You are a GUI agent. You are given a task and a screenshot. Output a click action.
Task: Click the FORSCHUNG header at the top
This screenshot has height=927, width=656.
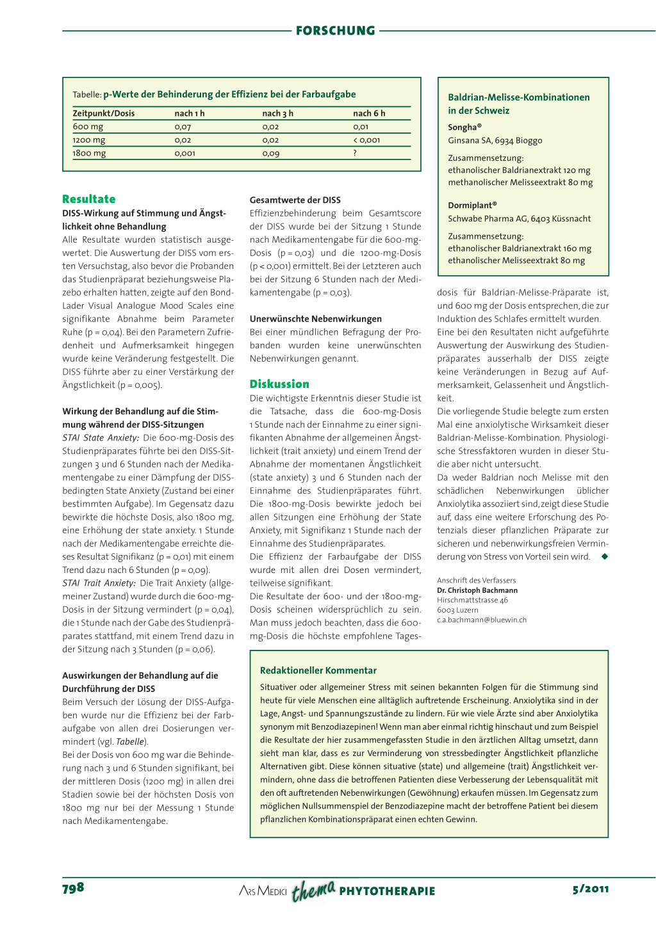pos(335,31)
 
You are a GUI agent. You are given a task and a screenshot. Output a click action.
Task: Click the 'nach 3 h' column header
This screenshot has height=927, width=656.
pos(277,113)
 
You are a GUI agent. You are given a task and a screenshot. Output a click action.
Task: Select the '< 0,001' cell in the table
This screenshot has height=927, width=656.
pos(366,140)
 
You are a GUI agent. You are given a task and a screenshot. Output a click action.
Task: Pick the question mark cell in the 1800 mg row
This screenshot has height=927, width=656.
pos(355,154)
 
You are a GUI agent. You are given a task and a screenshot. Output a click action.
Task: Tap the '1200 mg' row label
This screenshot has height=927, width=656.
pos(89,140)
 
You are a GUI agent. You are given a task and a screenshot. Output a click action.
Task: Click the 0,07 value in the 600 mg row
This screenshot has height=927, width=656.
pos(183,127)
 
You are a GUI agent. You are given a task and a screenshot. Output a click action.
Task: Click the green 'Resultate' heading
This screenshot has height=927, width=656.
pos(89,199)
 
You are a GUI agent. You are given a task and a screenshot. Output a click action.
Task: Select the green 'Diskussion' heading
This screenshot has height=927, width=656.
pos(279,384)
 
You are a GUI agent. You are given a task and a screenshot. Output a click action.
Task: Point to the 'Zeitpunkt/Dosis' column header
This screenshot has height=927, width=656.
pos(104,113)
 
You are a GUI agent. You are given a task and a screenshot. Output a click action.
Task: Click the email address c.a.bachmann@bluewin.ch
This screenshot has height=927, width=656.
pos(482,620)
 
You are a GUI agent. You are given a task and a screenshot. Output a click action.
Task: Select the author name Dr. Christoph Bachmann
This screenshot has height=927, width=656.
pos(477,590)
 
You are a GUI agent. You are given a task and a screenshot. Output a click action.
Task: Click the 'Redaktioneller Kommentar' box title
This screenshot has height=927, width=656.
pos(318,670)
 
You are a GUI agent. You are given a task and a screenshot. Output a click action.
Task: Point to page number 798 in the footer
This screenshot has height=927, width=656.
pos(73,888)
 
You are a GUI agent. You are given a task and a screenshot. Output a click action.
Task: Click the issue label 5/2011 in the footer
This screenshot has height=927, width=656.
pos(591,889)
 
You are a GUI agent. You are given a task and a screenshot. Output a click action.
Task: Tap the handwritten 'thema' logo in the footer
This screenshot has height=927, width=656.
pos(313,890)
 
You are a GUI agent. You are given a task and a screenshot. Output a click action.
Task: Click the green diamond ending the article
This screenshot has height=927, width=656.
pos(604,556)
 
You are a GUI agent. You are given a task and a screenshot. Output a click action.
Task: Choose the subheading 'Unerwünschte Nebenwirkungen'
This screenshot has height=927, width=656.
pos(316,319)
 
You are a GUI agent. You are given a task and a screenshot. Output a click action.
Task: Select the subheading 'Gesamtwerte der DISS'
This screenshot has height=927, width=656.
pos(295,200)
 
